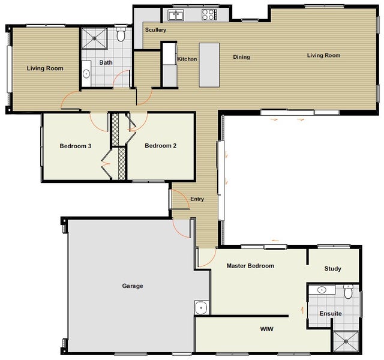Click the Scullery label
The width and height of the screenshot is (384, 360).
point(155,30)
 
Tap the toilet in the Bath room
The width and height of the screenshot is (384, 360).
point(121,34)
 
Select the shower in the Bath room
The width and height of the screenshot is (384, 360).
point(94,38)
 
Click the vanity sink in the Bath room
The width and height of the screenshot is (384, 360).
point(86,73)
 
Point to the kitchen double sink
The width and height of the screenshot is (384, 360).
point(176,15)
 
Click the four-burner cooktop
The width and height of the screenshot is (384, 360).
point(209,14)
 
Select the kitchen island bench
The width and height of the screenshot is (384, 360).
point(209,65)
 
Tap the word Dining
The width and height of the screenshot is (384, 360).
point(241,57)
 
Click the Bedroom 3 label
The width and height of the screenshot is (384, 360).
point(76,146)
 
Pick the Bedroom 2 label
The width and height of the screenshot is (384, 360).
point(161,146)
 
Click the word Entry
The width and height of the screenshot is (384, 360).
point(197,199)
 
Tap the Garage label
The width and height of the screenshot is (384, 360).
point(133,286)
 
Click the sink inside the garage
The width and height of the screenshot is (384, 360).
point(202,307)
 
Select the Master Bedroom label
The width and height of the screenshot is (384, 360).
point(250,266)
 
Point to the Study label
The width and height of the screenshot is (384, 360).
point(332,269)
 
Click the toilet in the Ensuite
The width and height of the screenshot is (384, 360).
point(348,292)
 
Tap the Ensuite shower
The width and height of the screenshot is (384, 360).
point(346,341)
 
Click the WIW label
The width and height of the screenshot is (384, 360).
point(266,329)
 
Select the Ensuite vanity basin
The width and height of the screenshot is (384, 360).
point(322,290)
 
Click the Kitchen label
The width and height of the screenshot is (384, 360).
point(187,59)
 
